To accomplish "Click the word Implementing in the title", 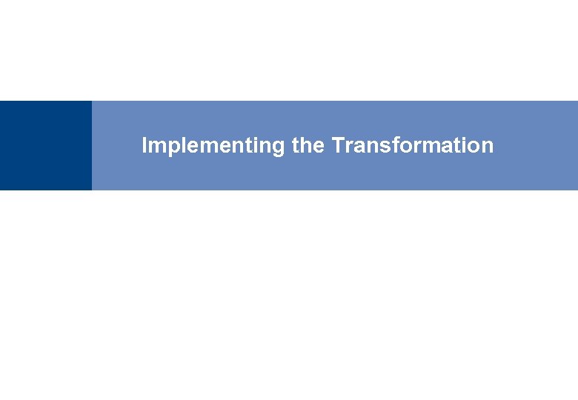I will [213, 146].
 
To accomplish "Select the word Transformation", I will [413, 146].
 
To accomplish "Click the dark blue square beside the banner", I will [46, 146].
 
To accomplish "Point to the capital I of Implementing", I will [144, 145].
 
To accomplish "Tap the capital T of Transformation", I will [337, 145].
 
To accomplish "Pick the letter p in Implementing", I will [167, 147].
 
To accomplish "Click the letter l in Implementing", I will [176, 145].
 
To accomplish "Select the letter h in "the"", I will [308, 145].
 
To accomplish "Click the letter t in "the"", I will [296, 146].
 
